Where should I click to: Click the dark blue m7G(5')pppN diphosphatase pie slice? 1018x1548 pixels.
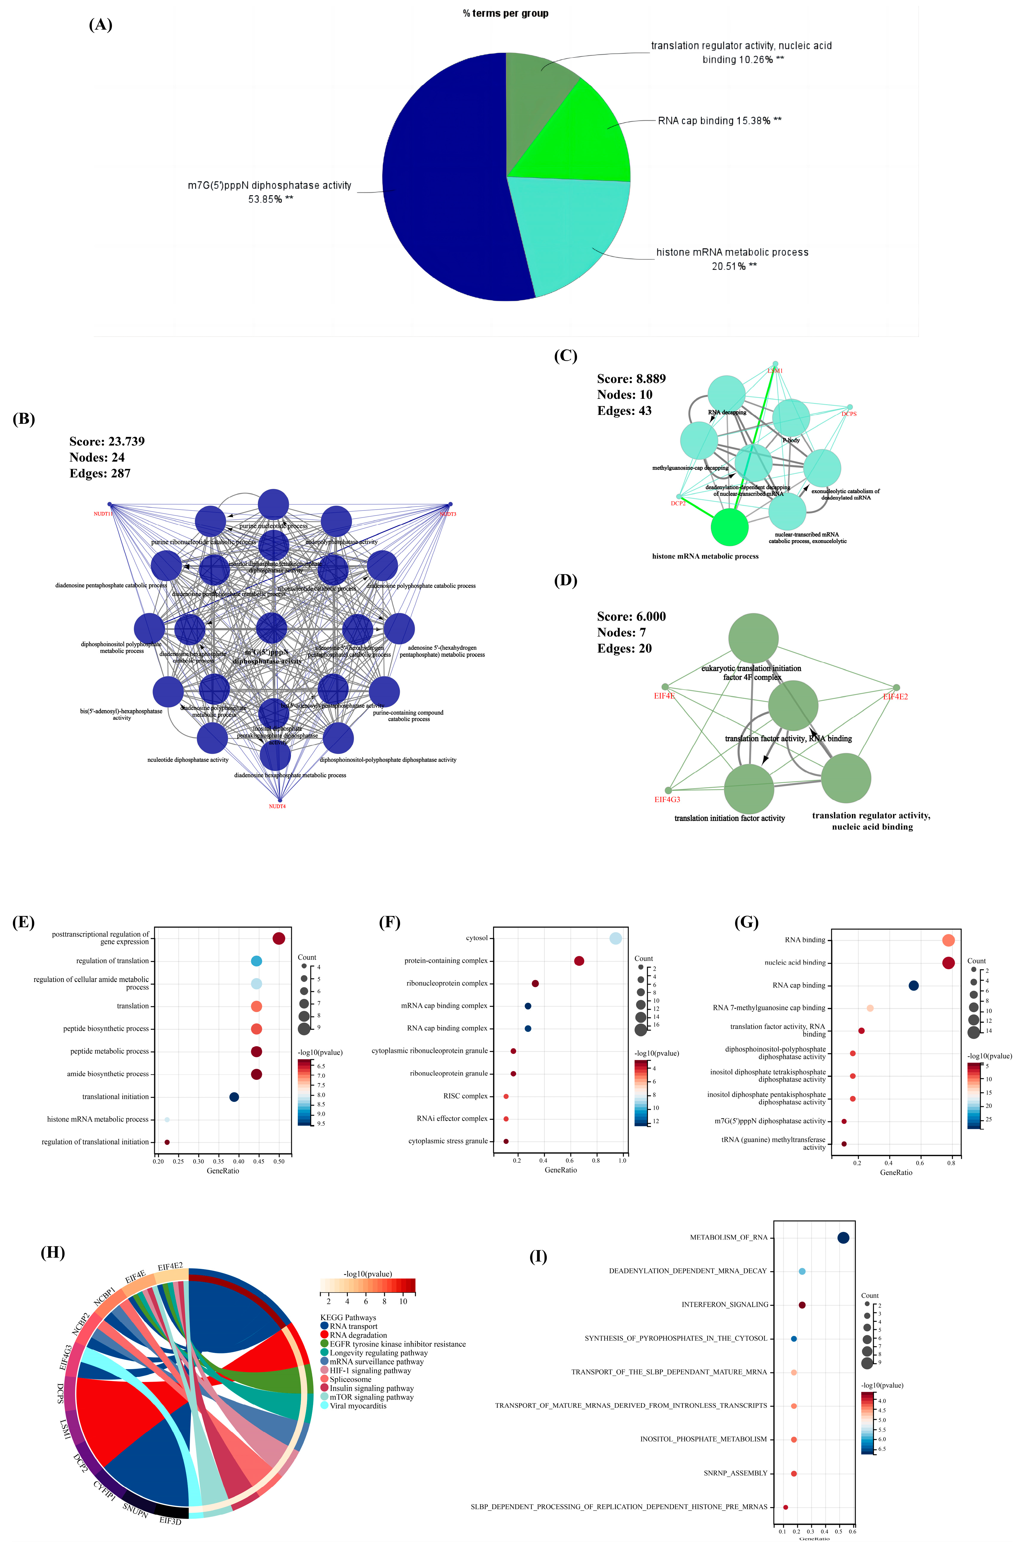pos(442,182)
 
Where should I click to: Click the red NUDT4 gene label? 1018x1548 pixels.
pos(277,807)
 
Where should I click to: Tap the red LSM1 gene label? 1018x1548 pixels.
pos(775,371)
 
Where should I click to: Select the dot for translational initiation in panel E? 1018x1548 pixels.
pos(234,1097)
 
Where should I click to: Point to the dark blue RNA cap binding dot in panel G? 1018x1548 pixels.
pos(913,985)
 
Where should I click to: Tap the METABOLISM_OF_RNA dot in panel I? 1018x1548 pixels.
pos(843,1238)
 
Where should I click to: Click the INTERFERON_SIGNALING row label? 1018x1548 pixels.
pos(725,1305)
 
